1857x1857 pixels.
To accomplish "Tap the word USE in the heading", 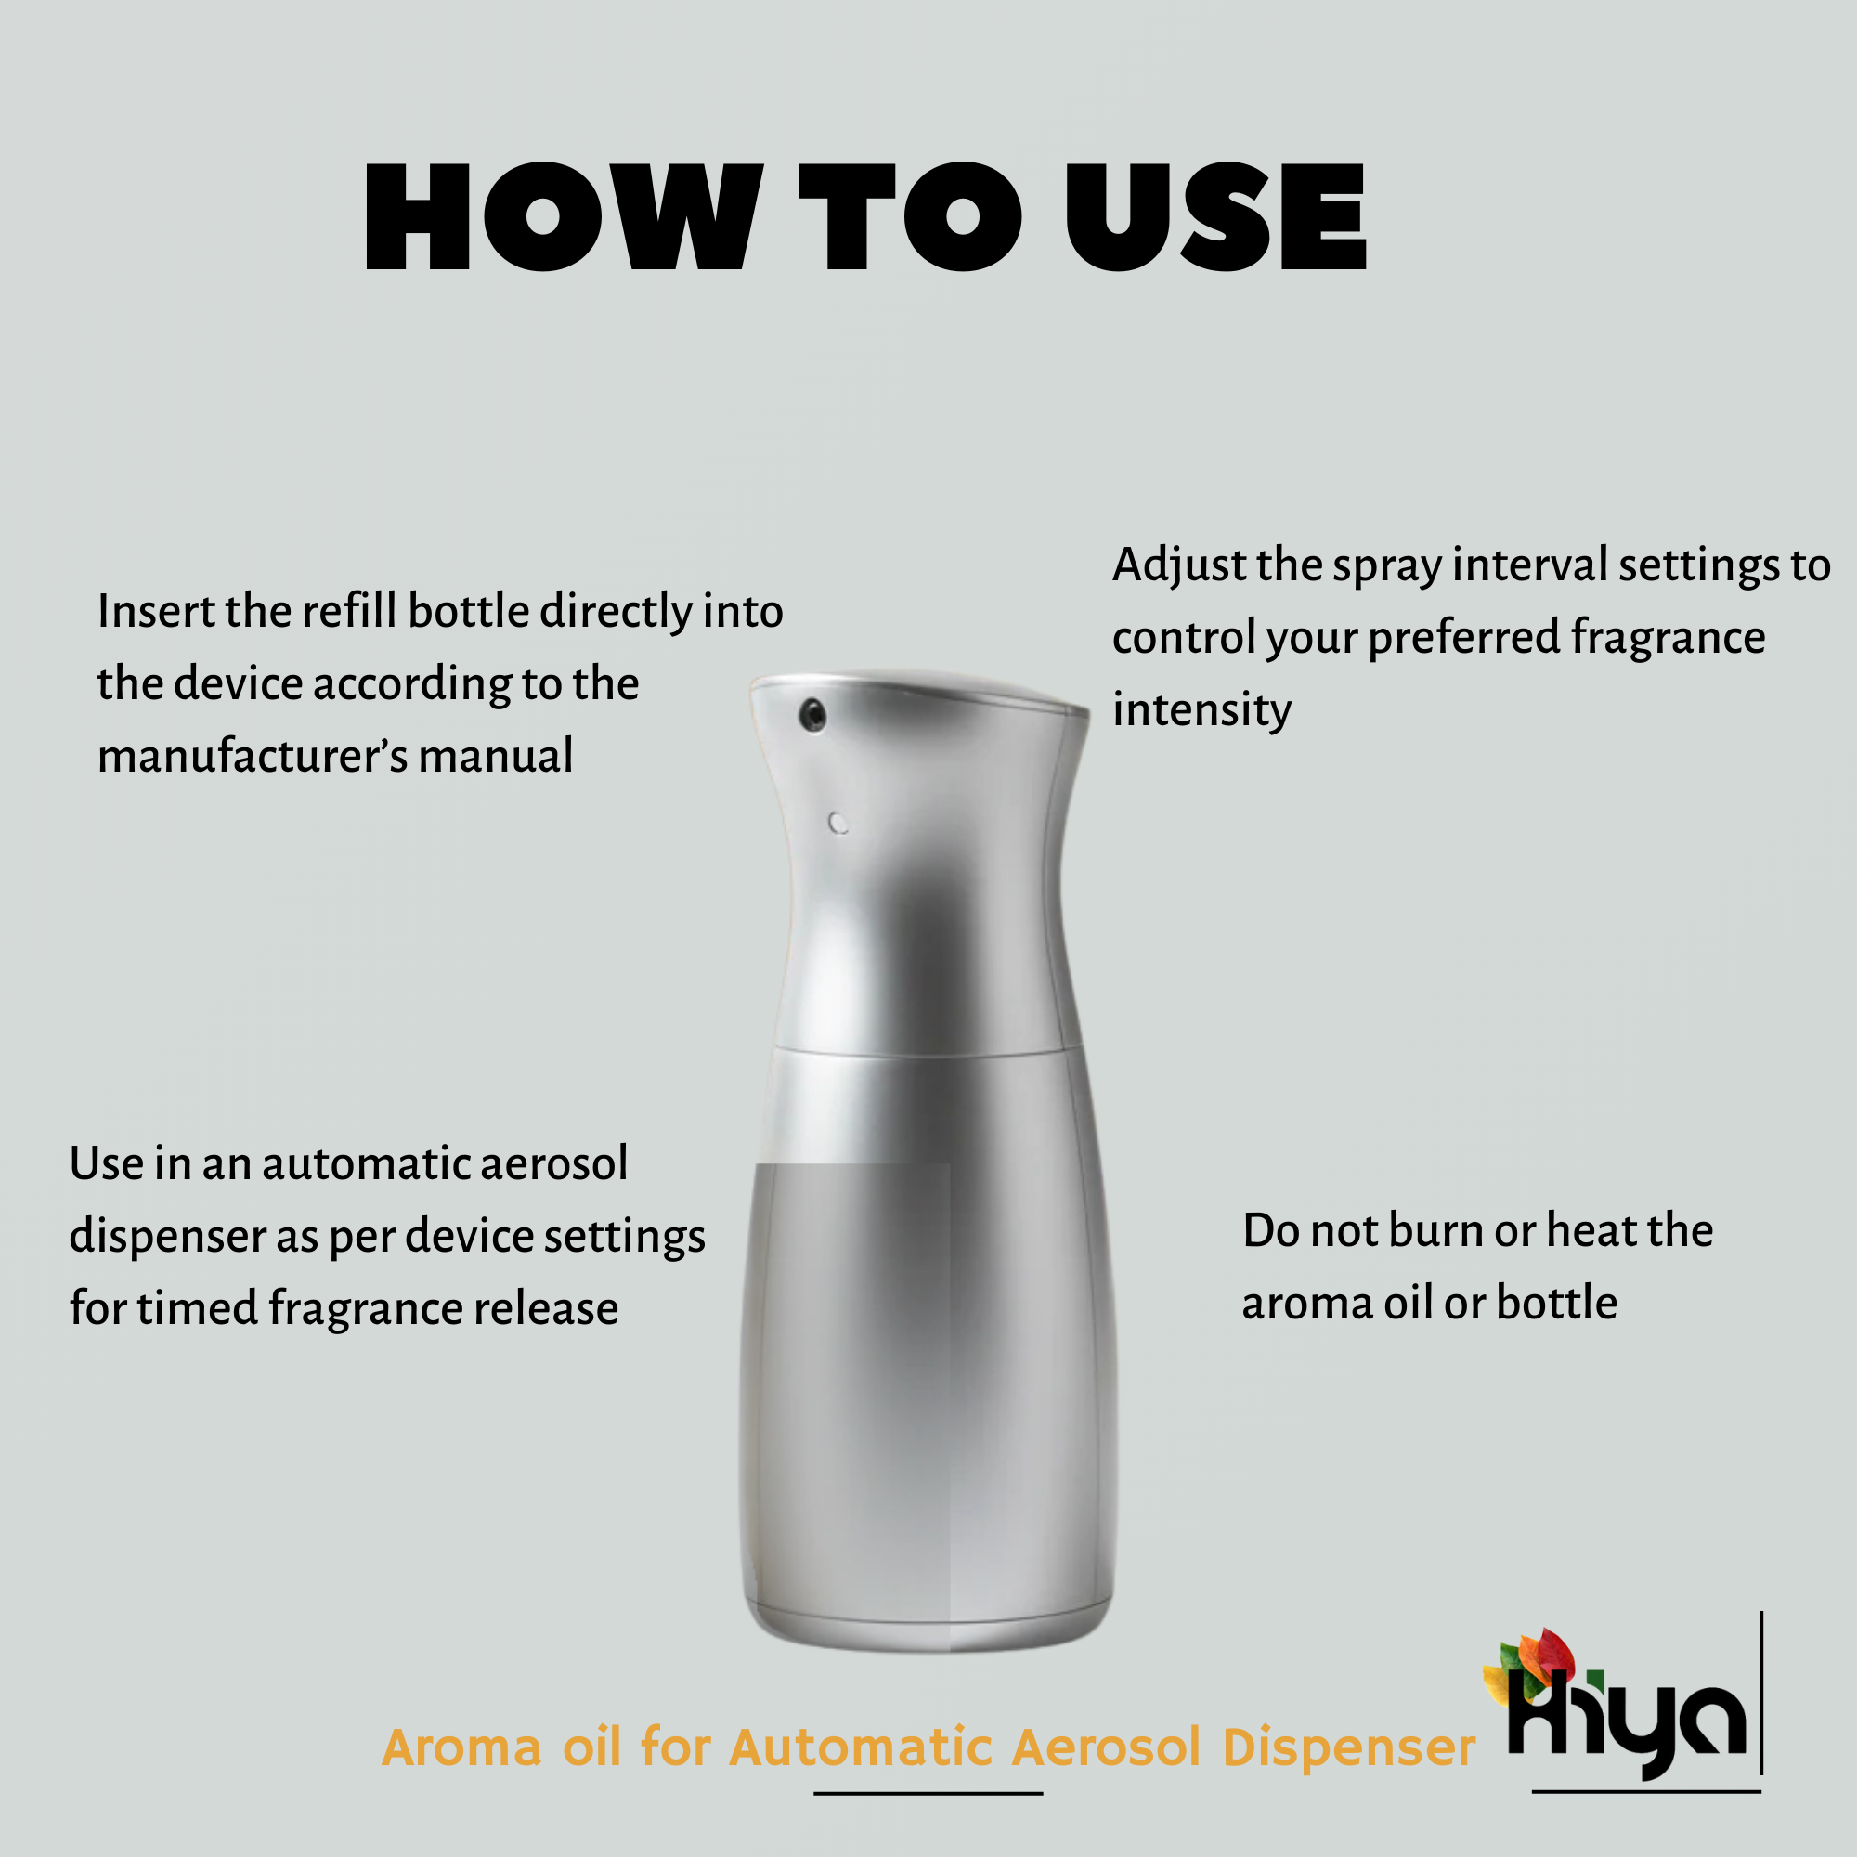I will (1216, 216).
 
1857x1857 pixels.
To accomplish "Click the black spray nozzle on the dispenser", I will (813, 714).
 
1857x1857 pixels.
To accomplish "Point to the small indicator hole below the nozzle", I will (838, 824).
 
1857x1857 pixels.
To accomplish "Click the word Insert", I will (156, 611).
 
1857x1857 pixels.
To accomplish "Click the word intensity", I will (1201, 710).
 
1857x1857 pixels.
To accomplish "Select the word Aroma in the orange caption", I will (461, 1747).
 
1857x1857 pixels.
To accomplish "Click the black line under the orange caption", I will (928, 1793).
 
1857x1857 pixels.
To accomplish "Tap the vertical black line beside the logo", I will (1760, 1692).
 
